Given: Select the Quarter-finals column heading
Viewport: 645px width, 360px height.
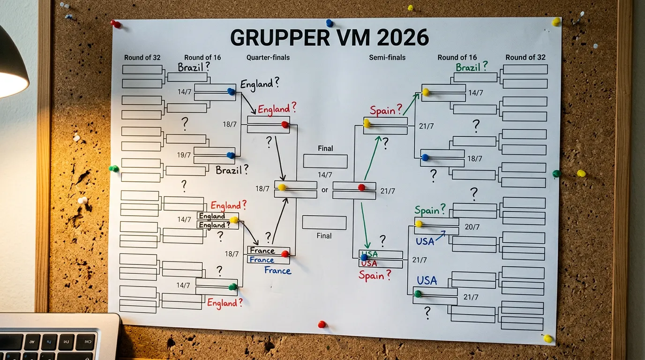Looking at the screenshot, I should click(x=268, y=58).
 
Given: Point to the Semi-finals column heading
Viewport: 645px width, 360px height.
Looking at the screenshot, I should click(x=387, y=58).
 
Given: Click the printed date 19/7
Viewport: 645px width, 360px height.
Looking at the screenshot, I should click(x=184, y=155).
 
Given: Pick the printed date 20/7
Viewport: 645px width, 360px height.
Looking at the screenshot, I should click(x=472, y=227).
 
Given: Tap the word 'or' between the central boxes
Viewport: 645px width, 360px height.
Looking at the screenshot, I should click(x=325, y=190).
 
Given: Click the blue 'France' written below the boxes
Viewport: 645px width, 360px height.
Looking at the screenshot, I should click(x=277, y=270).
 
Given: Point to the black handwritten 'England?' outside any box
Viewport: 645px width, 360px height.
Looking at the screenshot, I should click(x=260, y=84).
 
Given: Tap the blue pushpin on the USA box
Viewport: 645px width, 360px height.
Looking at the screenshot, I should click(x=364, y=257).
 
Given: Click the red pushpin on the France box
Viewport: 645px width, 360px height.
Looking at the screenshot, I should click(x=285, y=254).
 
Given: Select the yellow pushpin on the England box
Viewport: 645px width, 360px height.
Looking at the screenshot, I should click(x=233, y=219).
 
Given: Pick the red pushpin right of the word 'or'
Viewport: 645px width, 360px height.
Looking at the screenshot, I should click(x=361, y=187).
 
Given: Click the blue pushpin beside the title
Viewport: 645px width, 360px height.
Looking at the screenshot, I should click(x=330, y=22).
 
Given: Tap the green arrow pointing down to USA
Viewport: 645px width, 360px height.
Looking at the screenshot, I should click(x=364, y=225).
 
